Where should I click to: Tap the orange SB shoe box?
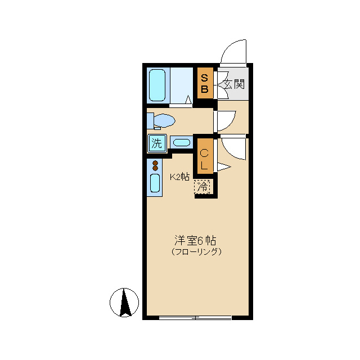point(205,83)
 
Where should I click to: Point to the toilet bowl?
point(164,120)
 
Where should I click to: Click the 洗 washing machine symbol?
point(156,143)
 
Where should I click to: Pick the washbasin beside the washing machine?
point(182,142)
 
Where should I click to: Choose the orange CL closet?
point(205,158)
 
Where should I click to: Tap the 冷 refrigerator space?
point(202,186)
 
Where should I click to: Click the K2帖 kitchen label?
point(179,177)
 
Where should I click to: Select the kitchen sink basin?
point(155,183)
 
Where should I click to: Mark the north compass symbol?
point(124,302)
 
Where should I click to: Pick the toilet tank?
point(150,120)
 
